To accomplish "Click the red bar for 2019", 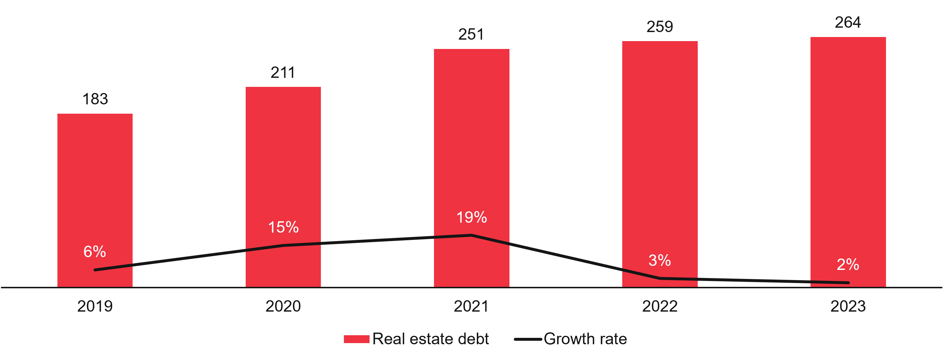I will pos(95,183).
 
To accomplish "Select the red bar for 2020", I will pos(283,165).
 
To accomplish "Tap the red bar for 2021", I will pos(472,147).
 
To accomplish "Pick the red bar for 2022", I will pos(660,147).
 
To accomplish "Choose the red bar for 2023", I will pos(848,147).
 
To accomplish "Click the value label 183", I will pos(95,99).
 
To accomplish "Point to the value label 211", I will pos(283,73).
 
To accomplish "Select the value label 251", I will pos(471,34).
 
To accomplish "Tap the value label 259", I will pos(660,27).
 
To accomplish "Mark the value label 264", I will pos(848,23).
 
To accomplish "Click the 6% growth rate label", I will pos(94,252).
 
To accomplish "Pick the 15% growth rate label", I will pos(283,227).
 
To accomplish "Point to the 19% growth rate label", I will pos(472,217).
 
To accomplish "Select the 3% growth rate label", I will pos(660,261).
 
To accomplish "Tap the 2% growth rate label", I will pos(848,265).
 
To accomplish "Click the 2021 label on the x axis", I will pos(471,306).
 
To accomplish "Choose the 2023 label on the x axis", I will pos(848,306).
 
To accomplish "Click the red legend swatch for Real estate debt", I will pos(356,339).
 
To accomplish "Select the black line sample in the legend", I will pos(528,339).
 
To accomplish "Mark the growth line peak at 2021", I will pos(472,235).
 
